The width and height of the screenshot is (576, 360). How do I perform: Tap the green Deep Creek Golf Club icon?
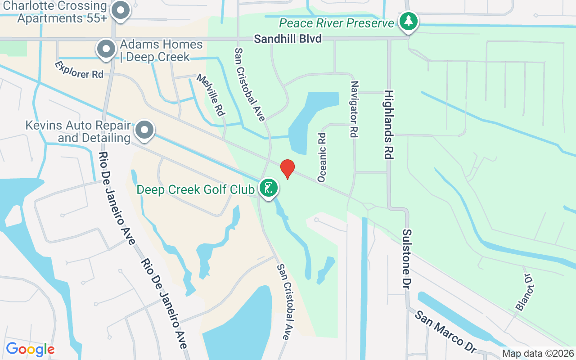269,188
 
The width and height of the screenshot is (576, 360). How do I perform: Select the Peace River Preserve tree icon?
409,21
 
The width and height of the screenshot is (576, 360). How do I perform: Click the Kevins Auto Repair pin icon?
144,130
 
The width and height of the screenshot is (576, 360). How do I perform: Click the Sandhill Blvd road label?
288,39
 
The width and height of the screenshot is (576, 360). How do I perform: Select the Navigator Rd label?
354,109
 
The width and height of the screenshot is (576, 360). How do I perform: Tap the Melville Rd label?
210,95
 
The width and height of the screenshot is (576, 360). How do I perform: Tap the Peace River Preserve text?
337,23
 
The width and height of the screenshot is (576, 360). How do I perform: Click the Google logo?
30,349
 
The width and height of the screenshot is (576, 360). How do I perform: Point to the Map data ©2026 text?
538,354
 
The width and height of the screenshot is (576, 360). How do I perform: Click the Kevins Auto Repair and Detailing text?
78,131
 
